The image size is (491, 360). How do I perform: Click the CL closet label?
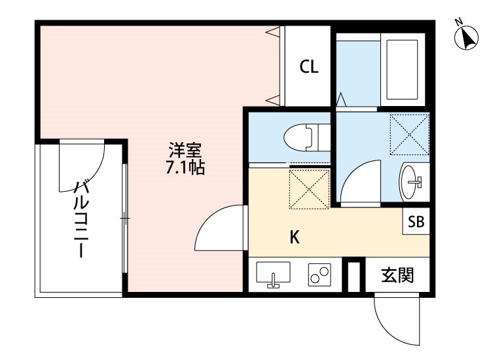tap(309, 67)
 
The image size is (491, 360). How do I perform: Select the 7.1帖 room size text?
tap(185, 168)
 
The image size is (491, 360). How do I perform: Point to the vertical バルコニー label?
tap(81, 219)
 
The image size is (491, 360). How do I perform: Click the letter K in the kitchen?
tap(295, 238)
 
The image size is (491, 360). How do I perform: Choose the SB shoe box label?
tap(416, 223)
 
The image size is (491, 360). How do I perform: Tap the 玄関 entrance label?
tap(397, 275)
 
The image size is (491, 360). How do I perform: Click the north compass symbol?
tap(466, 39)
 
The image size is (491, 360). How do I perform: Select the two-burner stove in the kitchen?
tap(320, 275)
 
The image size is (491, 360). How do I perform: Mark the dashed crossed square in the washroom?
tap(409, 134)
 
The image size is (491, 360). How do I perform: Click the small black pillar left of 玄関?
tap(354, 276)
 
